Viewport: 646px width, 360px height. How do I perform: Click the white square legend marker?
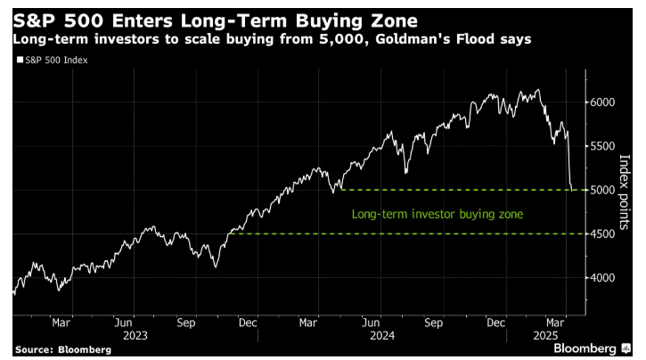tap(20, 60)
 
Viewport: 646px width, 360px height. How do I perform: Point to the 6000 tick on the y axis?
tap(603, 102)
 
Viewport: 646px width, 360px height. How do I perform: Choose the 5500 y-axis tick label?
tap(603, 146)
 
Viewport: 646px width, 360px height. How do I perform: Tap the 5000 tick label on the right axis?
tap(603, 190)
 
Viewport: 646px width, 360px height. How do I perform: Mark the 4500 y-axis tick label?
tap(603, 233)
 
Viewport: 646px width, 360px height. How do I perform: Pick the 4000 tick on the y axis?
tap(603, 278)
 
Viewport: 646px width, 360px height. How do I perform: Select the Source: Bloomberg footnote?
tap(62, 349)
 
